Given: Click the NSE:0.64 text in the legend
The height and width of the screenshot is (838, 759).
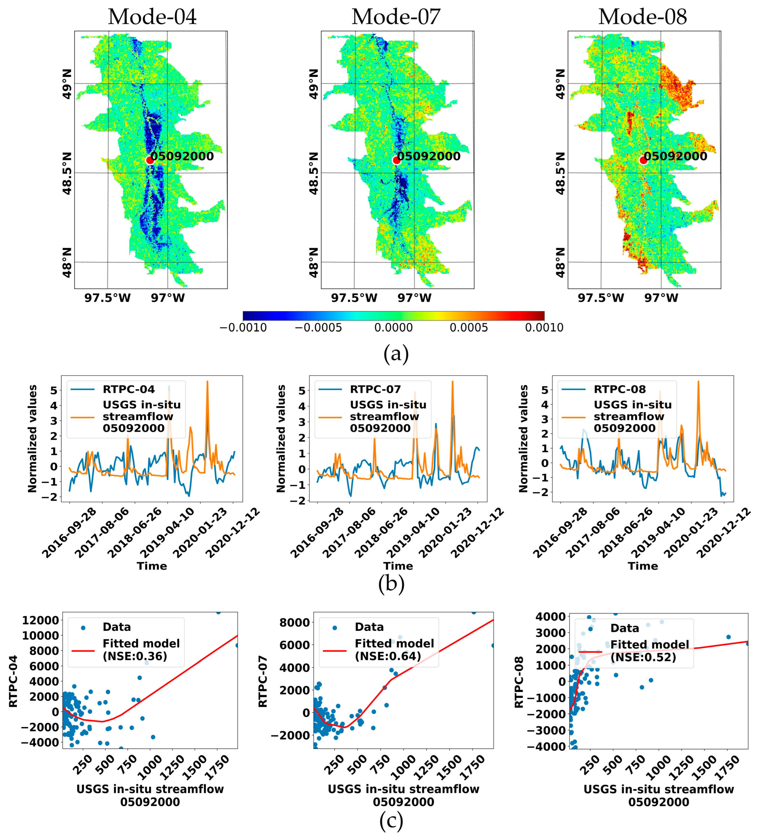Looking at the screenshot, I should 388,656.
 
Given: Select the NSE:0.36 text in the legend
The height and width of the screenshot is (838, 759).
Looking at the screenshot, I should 135,656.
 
